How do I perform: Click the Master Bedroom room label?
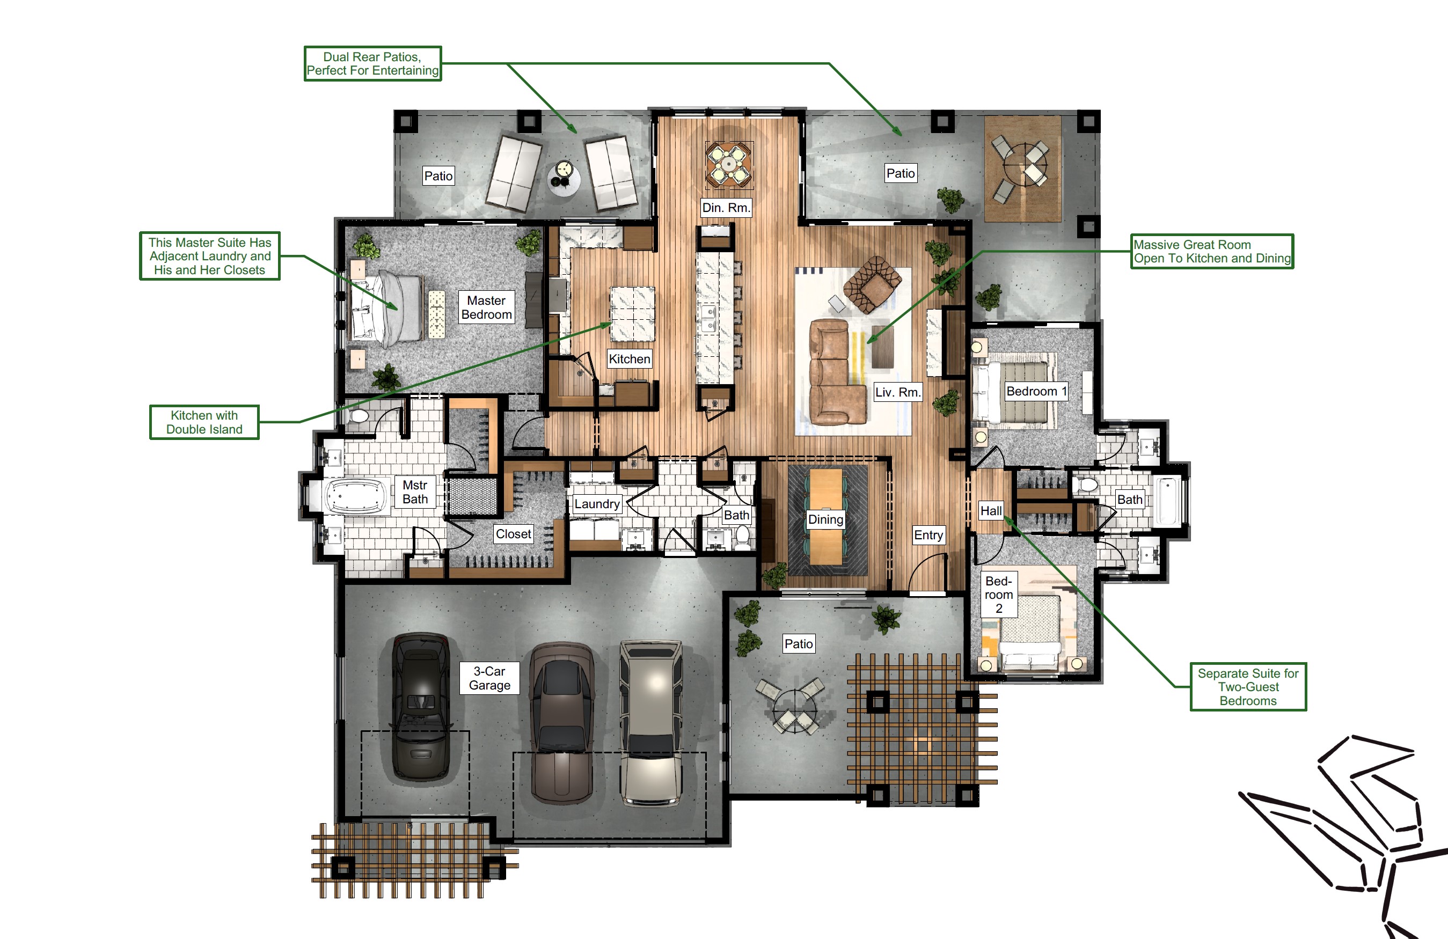coord(486,307)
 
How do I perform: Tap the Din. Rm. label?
coord(726,207)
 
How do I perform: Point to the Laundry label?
coord(597,503)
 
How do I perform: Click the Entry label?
coord(928,535)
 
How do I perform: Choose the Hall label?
coord(991,511)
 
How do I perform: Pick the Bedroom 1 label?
coord(1037,391)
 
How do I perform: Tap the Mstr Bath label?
coord(415,492)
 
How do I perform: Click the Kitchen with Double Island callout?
coord(204,422)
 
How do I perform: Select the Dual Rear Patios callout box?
coord(372,63)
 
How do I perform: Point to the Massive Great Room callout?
coord(1212,251)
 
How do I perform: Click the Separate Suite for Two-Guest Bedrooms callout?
coord(1248,687)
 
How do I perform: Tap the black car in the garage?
coord(421,707)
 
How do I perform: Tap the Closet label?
coord(514,534)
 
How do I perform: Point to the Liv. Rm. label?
coord(898,392)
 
